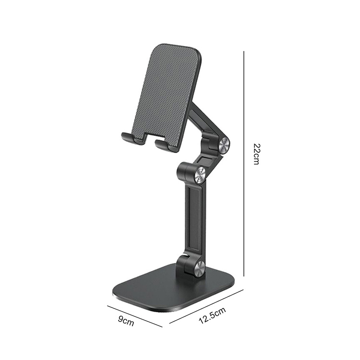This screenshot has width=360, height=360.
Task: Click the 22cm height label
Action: tap(256, 154)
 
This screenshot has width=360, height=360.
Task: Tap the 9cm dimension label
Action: tap(126, 321)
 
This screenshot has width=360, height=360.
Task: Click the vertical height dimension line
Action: tap(243, 164)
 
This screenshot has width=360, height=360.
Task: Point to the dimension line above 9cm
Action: tap(135, 316)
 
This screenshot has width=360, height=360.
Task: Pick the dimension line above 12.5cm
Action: tap(206, 307)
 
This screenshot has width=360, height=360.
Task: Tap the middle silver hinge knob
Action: tap(200, 175)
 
